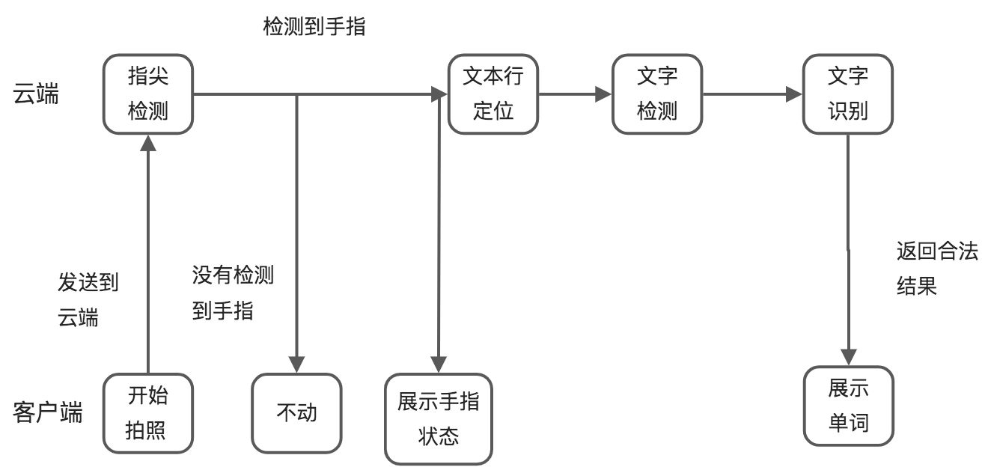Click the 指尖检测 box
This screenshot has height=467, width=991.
coord(148,94)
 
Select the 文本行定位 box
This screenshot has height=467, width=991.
coord(493,94)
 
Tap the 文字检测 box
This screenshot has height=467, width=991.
coord(657,94)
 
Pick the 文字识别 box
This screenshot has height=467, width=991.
coord(848,94)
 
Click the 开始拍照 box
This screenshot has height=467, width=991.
coord(148,413)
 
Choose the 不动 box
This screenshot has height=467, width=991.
coord(296,413)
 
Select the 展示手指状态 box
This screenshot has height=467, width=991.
coord(439,419)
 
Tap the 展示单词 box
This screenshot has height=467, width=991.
coord(849,406)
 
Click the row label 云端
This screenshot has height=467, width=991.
coord(36,95)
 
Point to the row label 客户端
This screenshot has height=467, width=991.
coord(48,413)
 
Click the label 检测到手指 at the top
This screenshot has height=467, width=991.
coord(314,28)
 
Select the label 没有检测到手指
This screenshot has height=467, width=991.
coord(233,293)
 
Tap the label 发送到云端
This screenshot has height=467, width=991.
coord(88,299)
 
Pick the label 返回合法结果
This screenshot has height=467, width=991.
coord(937,269)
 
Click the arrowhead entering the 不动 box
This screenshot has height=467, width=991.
coord(297,364)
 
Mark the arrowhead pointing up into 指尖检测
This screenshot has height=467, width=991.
coord(148,142)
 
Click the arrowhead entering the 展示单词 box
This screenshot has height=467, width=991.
coord(849,357)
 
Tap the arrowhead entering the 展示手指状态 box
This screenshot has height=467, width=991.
coord(439,364)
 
